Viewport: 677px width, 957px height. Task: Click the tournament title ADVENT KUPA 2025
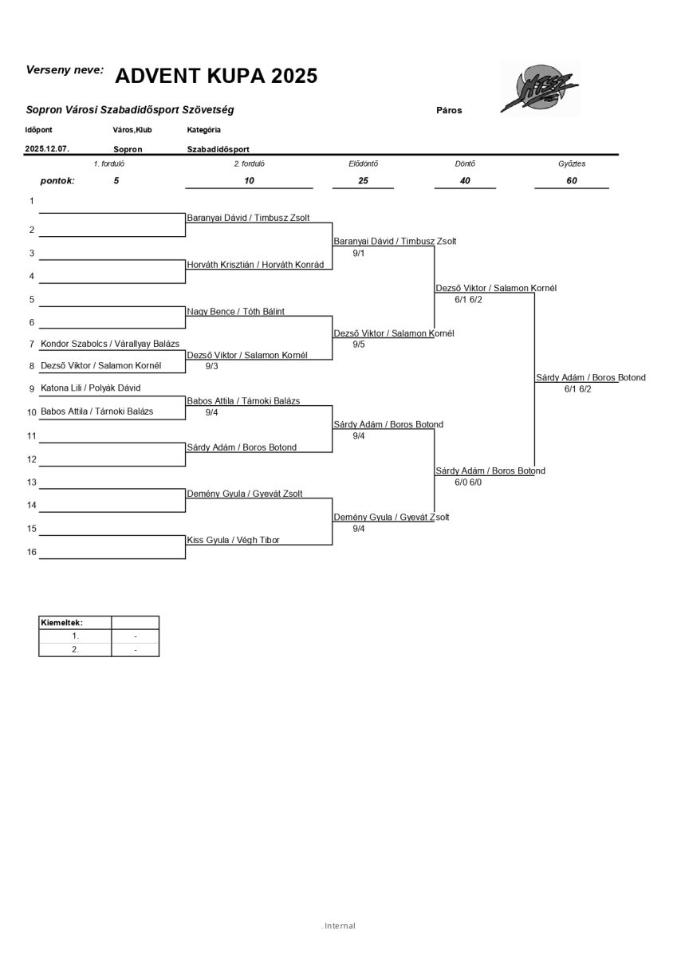[x=216, y=76]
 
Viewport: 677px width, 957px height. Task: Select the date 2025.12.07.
[x=47, y=148]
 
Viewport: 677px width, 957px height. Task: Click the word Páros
[x=449, y=110]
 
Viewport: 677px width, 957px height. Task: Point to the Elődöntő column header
[x=364, y=163]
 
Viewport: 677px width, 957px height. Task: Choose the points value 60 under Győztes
[x=571, y=180]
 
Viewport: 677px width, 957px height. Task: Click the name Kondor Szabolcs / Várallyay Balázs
[x=109, y=343]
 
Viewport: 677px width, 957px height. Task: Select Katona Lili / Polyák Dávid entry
[x=90, y=388]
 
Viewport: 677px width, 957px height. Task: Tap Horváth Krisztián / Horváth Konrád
[x=255, y=265]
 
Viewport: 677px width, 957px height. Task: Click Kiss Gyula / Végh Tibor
[x=233, y=540]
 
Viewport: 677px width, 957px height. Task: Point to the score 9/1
[x=358, y=253]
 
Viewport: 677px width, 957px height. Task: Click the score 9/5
[x=358, y=345]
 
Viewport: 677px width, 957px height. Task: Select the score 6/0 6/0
[x=468, y=482]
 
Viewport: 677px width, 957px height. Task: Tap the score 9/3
[x=211, y=366]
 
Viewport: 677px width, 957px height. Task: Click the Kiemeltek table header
[x=61, y=623]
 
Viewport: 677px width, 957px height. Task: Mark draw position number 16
[x=32, y=552]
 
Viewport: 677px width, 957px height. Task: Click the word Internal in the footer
[x=339, y=926]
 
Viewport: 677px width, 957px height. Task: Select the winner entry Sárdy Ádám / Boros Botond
[x=590, y=377]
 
